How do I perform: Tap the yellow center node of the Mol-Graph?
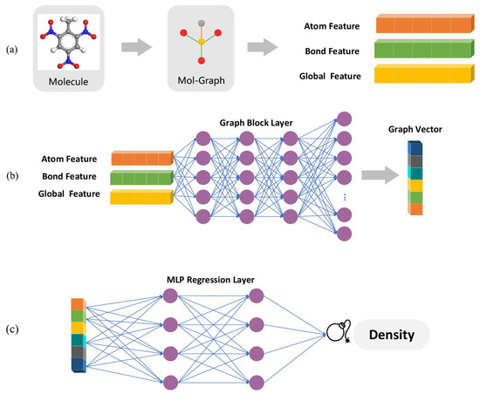point(202,41)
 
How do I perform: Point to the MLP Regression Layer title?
point(213,280)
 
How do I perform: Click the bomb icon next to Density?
point(337,334)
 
